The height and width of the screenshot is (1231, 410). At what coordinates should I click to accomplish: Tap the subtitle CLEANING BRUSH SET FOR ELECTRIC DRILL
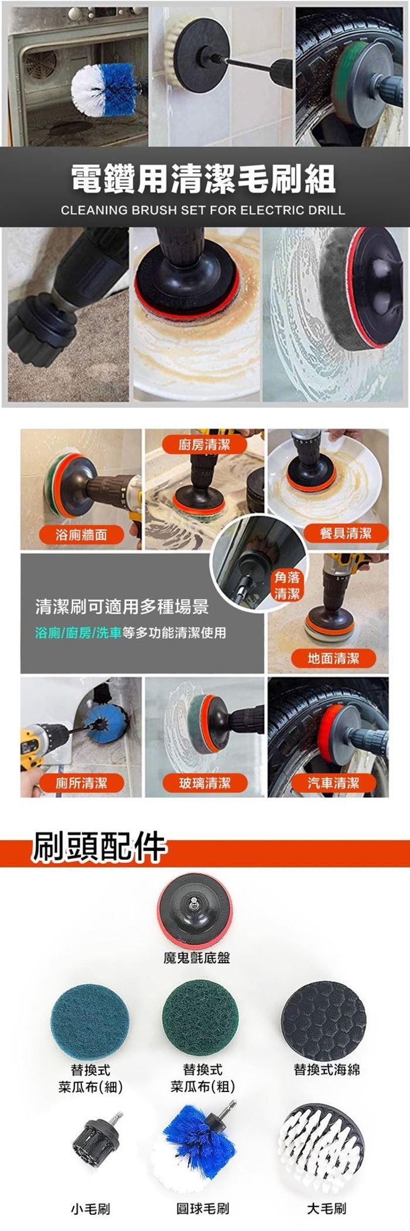(x=203, y=210)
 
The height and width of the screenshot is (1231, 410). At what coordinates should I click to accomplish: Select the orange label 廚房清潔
(x=204, y=444)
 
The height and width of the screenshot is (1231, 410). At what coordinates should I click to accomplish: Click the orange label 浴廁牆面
(x=81, y=534)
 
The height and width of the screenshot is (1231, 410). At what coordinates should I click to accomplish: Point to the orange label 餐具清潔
(x=346, y=533)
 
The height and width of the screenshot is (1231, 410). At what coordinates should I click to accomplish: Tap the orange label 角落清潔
(x=287, y=586)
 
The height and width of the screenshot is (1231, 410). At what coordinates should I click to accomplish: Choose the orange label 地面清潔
(x=333, y=658)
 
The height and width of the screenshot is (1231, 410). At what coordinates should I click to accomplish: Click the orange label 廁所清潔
(x=81, y=783)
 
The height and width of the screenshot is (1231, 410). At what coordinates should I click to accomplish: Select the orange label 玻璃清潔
(x=204, y=783)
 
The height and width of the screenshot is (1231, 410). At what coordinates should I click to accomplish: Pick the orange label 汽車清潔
(x=333, y=783)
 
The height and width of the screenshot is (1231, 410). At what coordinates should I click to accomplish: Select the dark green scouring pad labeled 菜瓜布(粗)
(x=202, y=1018)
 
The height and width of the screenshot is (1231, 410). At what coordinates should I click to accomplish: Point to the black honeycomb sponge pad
(x=324, y=1018)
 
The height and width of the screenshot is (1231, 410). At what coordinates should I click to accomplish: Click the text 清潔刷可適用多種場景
(x=122, y=606)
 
